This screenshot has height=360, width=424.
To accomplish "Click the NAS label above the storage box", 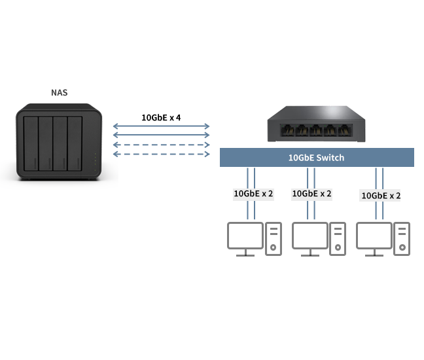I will pyautogui.click(x=60, y=93).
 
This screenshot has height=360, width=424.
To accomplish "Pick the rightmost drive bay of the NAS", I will pyautogui.click(x=75, y=142).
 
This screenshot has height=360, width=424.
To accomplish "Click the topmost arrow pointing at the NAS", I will pyautogui.click(x=116, y=125).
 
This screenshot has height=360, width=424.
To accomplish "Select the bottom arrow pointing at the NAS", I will pyautogui.click(x=116, y=154).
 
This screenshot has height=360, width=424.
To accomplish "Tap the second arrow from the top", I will pyautogui.click(x=116, y=134).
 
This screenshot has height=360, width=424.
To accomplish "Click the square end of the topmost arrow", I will pyautogui.click(x=207, y=125).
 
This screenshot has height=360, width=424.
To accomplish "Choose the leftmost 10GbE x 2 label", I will pyautogui.click(x=254, y=194).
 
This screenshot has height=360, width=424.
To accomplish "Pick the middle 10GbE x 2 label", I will pyautogui.click(x=311, y=194).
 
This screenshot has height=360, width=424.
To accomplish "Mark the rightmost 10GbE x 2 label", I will pyautogui.click(x=381, y=195).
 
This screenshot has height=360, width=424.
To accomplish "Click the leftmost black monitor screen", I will pyautogui.click(x=254, y=236).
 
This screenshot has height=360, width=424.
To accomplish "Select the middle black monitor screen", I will pyautogui.click(x=318, y=236).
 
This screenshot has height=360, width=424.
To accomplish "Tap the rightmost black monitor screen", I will pyautogui.click(x=383, y=236).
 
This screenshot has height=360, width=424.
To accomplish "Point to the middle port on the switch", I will pyautogui.click(x=316, y=130).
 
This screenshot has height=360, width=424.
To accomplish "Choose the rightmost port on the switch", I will pyautogui.click(x=347, y=130).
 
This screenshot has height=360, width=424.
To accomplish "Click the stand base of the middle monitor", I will pyautogui.click(x=310, y=255).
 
